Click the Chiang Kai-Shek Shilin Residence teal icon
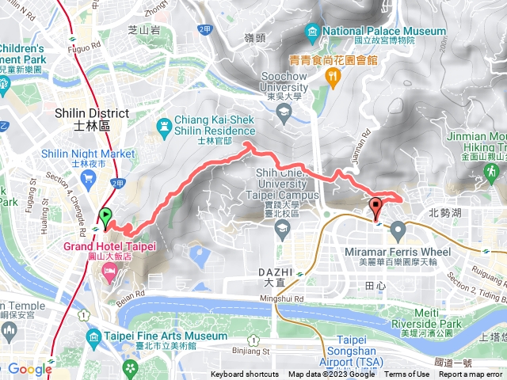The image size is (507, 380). click(x=165, y=125)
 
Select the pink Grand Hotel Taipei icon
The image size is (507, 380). click(x=109, y=272)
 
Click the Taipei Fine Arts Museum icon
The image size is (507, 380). click(x=93, y=336)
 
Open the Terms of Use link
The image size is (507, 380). click(x=407, y=374)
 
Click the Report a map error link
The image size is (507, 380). click(x=471, y=374)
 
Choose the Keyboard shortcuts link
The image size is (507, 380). click(x=246, y=374)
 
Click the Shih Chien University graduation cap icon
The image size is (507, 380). click(x=282, y=229)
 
